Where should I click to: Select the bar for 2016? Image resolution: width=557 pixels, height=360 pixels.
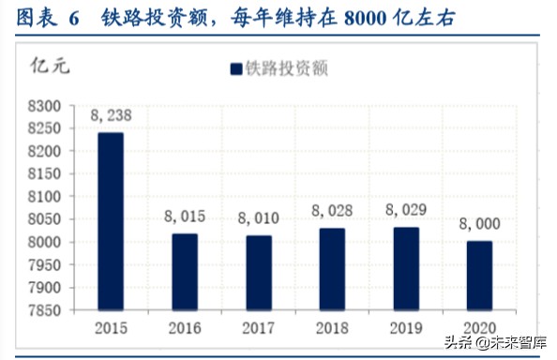click(185, 272)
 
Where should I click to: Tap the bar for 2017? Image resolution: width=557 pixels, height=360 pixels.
click(259, 273)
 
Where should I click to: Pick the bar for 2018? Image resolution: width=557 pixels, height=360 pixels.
click(332, 269)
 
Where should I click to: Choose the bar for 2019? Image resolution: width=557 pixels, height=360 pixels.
click(406, 268)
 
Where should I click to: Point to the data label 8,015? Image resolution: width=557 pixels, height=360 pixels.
click(185, 217)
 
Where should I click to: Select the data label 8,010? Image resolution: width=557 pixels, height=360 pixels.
click(259, 220)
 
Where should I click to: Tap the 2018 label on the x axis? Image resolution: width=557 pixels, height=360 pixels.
click(332, 329)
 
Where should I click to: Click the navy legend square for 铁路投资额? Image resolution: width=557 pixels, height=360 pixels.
click(235, 68)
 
